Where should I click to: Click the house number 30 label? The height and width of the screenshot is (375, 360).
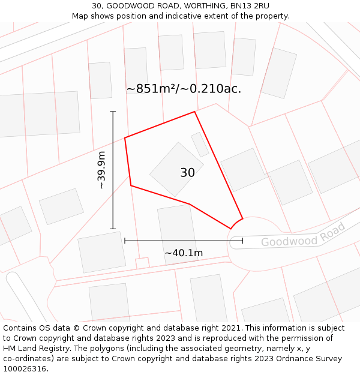187,173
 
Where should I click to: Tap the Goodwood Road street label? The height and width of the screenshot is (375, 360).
304,235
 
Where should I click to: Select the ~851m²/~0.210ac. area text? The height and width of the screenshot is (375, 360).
184,89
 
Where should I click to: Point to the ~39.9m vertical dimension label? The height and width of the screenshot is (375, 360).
101,170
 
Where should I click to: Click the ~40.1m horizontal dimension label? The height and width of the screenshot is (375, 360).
184,253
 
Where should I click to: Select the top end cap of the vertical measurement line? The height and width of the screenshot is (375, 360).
113,112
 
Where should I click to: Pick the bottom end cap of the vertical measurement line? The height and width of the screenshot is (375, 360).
113,229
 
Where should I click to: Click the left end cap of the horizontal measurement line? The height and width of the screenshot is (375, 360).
125,241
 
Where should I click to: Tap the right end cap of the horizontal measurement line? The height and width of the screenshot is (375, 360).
242,241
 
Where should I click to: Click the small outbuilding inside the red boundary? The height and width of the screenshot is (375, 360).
200,144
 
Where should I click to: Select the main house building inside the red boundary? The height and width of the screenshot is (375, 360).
176,169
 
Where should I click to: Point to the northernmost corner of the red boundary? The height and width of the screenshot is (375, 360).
194,112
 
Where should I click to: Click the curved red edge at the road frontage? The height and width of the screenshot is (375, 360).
236,223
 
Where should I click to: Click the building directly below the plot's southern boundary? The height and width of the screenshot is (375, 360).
176,231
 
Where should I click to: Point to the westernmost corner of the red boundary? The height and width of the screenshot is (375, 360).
125,138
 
